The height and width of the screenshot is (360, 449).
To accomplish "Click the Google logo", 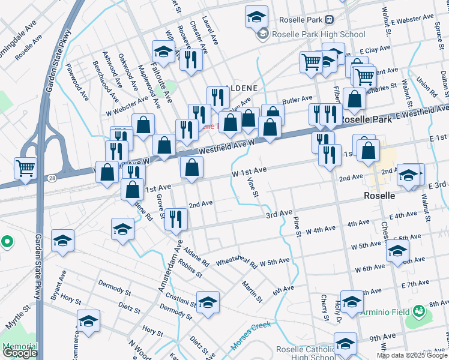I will pos(19,353).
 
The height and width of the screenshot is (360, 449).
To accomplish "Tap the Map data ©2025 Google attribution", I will pos(412,355).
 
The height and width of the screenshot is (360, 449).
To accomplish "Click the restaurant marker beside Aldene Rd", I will pos(176,218).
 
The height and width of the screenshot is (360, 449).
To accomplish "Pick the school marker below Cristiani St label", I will pos(208,304).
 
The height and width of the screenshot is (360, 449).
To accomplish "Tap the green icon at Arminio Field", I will pos(419,312).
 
